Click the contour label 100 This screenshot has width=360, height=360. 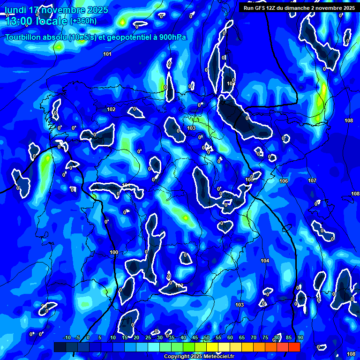[114, 253]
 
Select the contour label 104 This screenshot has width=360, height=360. [265, 261]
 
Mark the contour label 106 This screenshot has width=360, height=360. [284, 181]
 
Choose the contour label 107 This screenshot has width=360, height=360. [312, 180]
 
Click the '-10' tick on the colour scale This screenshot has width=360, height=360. [67, 338]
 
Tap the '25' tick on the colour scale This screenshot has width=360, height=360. [148, 338]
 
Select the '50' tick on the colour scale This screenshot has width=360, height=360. [207, 338]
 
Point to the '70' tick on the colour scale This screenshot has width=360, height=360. [254, 338]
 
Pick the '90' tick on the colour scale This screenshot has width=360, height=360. [300, 338]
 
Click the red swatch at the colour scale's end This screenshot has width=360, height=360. [294, 347]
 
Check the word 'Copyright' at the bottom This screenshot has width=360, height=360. [177, 357]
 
